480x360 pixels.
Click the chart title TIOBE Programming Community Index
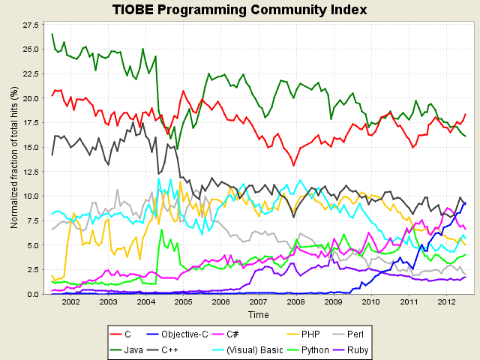point(240,10)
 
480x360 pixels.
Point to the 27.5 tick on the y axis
point(31,25)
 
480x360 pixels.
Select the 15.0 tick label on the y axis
point(31,147)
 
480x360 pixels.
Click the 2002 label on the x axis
point(70,303)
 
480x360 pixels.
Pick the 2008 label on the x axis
point(295,303)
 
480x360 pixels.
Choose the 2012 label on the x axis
point(445,303)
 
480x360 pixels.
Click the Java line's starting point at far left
point(52,34)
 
